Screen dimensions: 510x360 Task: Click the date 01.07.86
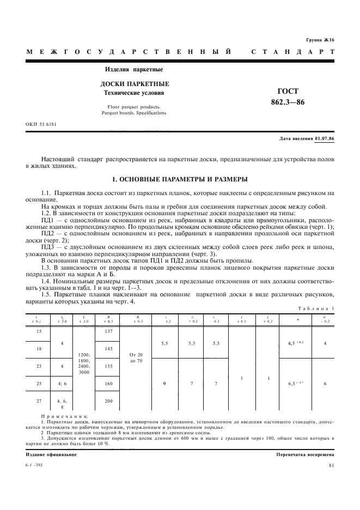(x=324, y=139)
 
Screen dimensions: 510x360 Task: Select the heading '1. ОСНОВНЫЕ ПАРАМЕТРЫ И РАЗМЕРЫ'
(x=180, y=179)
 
